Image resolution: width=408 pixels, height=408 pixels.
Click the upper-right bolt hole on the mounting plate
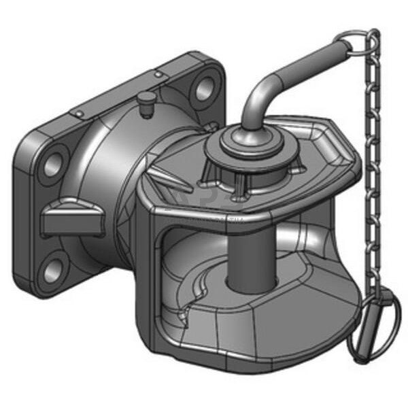[202, 88]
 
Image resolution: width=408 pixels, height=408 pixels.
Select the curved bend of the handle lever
[257, 95]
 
